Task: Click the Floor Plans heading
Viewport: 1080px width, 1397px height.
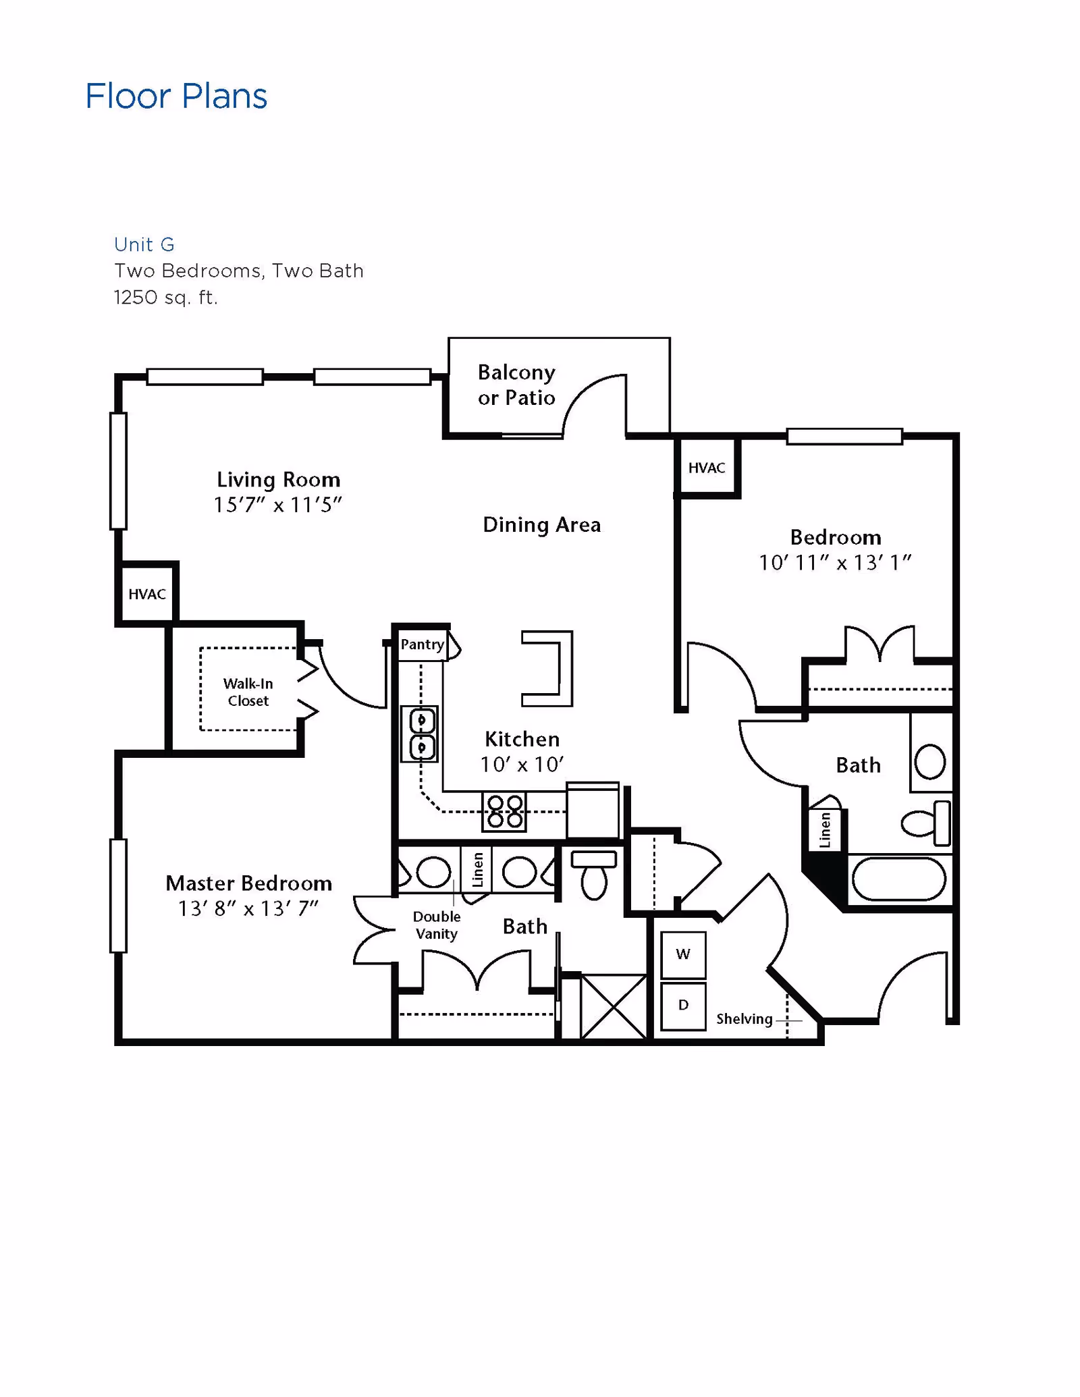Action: [176, 96]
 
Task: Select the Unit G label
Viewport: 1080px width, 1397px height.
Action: [144, 244]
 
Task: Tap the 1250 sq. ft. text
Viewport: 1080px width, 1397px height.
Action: [165, 298]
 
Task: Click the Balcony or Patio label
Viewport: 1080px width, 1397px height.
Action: [516, 385]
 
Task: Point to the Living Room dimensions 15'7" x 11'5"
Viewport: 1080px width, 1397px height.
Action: [277, 505]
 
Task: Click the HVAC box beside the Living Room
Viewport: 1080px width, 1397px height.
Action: [147, 594]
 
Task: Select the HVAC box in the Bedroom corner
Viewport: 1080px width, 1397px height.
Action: [707, 468]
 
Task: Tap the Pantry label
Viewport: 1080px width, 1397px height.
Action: [422, 645]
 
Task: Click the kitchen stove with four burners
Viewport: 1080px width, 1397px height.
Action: [504, 811]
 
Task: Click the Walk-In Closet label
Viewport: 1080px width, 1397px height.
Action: [248, 692]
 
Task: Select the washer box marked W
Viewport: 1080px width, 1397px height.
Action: [683, 954]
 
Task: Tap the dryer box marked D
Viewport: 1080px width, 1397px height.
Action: [683, 1006]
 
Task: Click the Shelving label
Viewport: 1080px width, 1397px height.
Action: [744, 1019]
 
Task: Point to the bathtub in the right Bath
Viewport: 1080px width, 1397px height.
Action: [898, 879]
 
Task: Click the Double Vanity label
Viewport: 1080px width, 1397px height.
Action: [437, 925]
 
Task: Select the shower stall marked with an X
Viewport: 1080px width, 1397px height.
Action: [613, 1006]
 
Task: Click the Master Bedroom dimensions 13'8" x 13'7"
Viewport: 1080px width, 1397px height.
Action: [248, 909]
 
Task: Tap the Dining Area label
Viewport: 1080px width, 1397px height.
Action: [541, 525]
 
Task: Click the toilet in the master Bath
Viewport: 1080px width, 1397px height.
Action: [594, 876]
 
